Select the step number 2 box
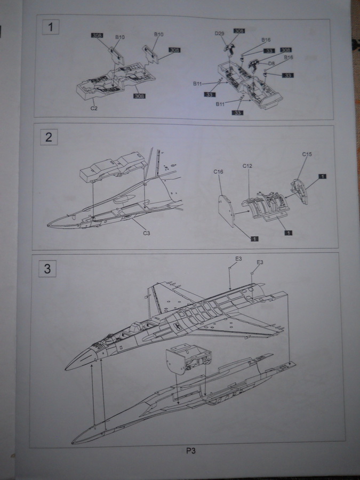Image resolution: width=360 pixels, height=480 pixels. [49, 137]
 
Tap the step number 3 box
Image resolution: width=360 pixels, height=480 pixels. [47, 268]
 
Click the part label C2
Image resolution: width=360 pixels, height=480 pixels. [94, 108]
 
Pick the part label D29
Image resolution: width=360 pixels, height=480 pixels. [220, 33]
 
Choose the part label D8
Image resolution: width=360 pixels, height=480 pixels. [271, 63]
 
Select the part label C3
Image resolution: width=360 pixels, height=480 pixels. [145, 234]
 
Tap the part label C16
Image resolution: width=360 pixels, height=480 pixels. [218, 172]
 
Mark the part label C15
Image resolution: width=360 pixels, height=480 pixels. [307, 154]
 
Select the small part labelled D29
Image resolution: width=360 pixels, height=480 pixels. [231, 47]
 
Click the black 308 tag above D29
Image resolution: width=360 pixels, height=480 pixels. [239, 31]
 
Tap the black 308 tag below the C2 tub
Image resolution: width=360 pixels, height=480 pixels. [140, 96]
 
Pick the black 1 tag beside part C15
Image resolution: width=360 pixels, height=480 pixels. [323, 175]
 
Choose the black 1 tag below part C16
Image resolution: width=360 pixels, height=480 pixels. [254, 239]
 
